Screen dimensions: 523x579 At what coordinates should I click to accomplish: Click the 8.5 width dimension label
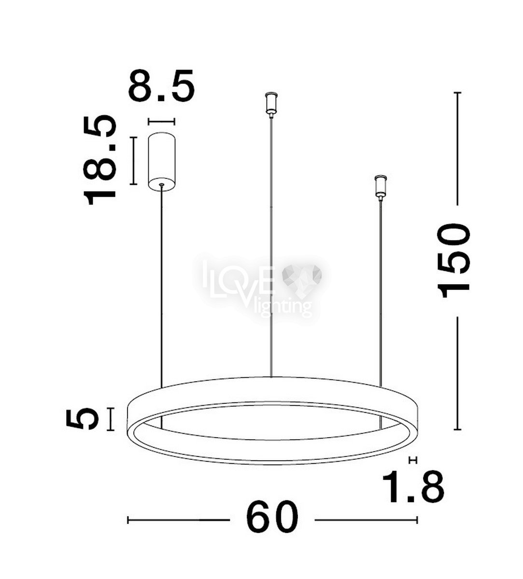click(161, 85)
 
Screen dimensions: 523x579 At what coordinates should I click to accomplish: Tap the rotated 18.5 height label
click(99, 160)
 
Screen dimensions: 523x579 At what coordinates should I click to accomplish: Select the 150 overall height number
click(453, 261)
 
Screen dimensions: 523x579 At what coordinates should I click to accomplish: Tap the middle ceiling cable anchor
click(271, 105)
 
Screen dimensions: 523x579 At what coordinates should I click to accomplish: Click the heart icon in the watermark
click(301, 280)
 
